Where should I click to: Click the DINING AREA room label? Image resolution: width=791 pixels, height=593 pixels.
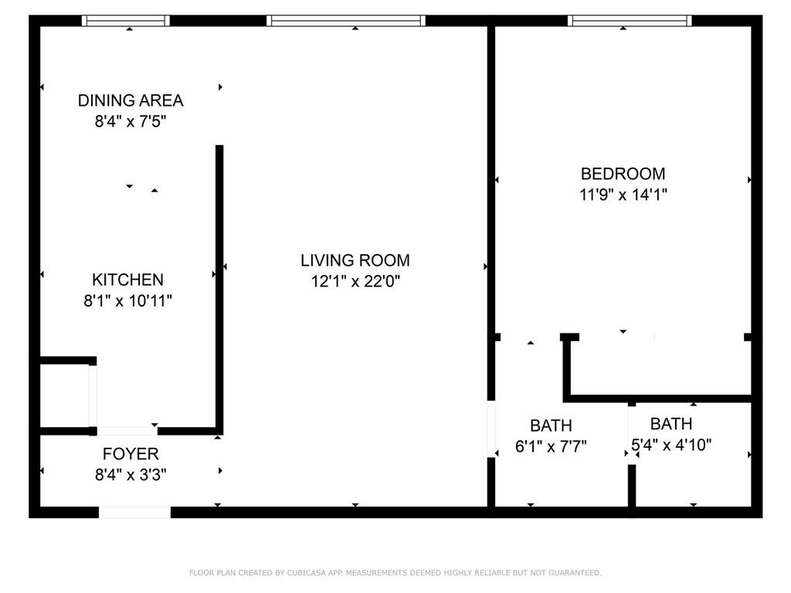click(130, 100)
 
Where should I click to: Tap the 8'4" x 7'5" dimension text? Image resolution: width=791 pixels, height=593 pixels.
click(130, 121)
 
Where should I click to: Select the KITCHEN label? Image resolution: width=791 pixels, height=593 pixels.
click(127, 280)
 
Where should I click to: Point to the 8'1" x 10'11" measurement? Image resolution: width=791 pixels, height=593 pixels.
click(127, 300)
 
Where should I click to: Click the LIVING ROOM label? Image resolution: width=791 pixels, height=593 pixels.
click(355, 260)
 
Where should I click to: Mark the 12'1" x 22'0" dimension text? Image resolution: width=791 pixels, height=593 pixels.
click(355, 281)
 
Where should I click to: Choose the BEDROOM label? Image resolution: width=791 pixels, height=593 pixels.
click(623, 174)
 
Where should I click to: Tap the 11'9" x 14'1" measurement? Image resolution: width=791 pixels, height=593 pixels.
click(623, 194)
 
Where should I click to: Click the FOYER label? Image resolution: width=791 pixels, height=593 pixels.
click(131, 454)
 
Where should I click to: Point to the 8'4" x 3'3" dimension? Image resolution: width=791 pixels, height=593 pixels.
click(131, 475)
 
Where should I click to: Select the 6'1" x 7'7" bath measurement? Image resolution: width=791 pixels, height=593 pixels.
click(551, 446)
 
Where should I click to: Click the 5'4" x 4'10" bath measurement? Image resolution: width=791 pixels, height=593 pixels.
click(671, 445)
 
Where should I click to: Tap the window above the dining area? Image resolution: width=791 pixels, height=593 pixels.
click(126, 21)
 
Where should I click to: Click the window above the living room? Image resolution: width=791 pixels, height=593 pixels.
click(346, 21)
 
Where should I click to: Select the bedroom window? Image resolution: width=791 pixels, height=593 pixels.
click(630, 21)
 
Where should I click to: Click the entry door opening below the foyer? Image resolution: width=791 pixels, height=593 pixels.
click(134, 513)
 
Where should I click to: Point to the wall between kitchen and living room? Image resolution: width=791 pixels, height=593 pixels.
click(219, 290)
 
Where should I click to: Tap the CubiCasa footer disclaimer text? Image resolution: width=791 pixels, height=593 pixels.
click(395, 573)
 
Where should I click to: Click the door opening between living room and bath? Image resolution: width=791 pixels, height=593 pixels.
click(491, 429)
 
